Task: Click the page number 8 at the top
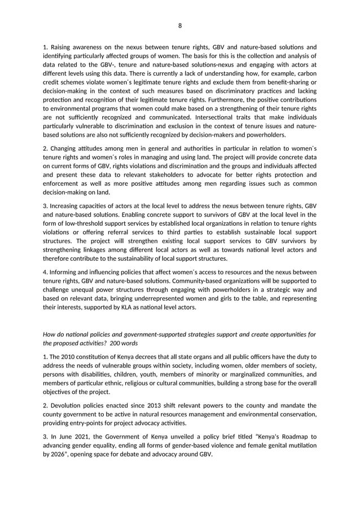pyautogui.click(x=180, y=25)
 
